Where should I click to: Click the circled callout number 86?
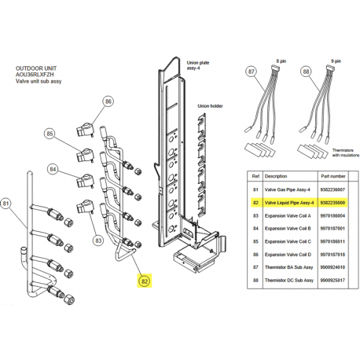pyautogui.click(x=108, y=101)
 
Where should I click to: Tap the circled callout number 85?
pyautogui.click(x=50, y=134)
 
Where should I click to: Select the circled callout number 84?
pyautogui.click(x=53, y=169)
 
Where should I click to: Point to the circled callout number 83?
pyautogui.click(x=98, y=241)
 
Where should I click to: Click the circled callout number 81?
pyautogui.click(x=6, y=204)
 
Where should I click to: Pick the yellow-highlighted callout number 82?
pyautogui.click(x=145, y=281)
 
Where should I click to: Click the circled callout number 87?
pyautogui.click(x=252, y=72)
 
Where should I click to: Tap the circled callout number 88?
pyautogui.click(x=306, y=72)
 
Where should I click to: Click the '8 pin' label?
pyautogui.click(x=281, y=61)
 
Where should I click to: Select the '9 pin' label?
pyautogui.click(x=336, y=61)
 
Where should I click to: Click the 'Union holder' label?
pyautogui.click(x=210, y=106)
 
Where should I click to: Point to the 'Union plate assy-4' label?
pyautogui.click(x=198, y=65)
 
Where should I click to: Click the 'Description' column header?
pyautogui.click(x=276, y=176)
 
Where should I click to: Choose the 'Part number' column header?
pyautogui.click(x=333, y=176)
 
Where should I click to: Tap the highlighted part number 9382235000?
pyautogui.click(x=332, y=203)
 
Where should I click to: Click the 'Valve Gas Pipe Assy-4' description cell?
pyautogui.click(x=288, y=189)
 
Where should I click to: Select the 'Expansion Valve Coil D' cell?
pyautogui.click(x=288, y=255)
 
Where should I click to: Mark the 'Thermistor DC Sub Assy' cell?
pyautogui.click(x=289, y=280)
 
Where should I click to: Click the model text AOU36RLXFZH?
pyautogui.click(x=35, y=75)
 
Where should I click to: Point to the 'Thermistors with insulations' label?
pyautogui.click(x=346, y=152)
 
